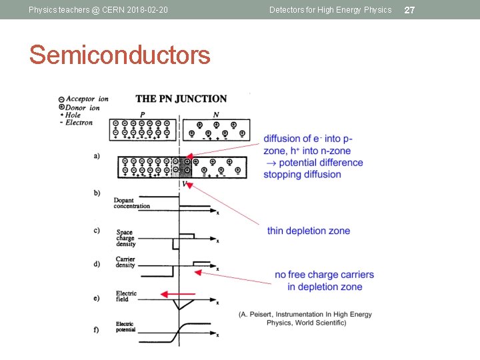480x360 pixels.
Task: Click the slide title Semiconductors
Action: point(119,55)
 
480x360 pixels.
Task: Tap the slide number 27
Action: point(410,10)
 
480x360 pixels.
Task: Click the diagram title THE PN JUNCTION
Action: point(181,99)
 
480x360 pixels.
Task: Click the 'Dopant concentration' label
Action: point(131,203)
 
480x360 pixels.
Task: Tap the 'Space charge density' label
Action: point(125,239)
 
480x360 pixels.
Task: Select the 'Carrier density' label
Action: point(125,262)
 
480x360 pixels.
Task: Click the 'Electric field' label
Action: point(126,295)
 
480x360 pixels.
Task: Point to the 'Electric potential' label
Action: point(125,327)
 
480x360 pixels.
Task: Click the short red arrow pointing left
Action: point(178,294)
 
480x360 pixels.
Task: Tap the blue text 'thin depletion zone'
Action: point(309,231)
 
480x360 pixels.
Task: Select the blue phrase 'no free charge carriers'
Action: point(325,275)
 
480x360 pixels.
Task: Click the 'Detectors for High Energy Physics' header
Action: point(330,10)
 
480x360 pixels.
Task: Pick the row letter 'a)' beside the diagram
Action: point(97,156)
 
